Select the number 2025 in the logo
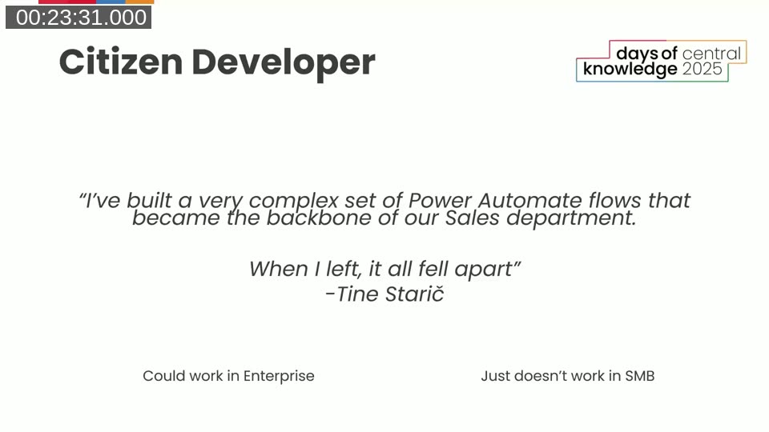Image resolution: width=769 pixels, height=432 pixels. (x=703, y=70)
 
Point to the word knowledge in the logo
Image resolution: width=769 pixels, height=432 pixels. (x=630, y=70)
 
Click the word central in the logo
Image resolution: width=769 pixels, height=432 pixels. (x=711, y=54)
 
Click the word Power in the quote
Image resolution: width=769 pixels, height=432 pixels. (x=440, y=200)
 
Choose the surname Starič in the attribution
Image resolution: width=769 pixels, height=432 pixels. (x=414, y=294)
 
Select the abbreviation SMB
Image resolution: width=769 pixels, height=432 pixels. (x=639, y=376)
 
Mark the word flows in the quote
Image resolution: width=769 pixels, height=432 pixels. (x=615, y=200)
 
